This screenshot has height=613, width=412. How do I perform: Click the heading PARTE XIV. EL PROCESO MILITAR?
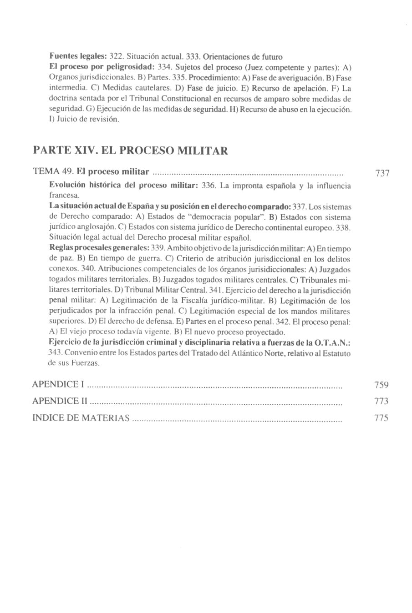[x=131, y=151]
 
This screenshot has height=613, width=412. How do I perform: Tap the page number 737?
[x=382, y=173]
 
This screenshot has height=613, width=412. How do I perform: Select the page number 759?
[x=381, y=385]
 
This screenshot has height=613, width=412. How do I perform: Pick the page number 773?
[x=381, y=401]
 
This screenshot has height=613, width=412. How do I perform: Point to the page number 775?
[x=381, y=418]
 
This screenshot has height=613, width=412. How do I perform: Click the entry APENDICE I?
[x=58, y=385]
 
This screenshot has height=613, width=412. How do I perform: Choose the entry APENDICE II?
[x=60, y=401]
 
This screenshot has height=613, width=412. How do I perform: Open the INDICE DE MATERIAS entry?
[x=81, y=418]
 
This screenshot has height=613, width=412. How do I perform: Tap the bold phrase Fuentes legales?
[x=77, y=57]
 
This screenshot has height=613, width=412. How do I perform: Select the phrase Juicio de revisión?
[x=87, y=120]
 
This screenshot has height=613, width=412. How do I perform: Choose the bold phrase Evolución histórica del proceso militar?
[x=123, y=186]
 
